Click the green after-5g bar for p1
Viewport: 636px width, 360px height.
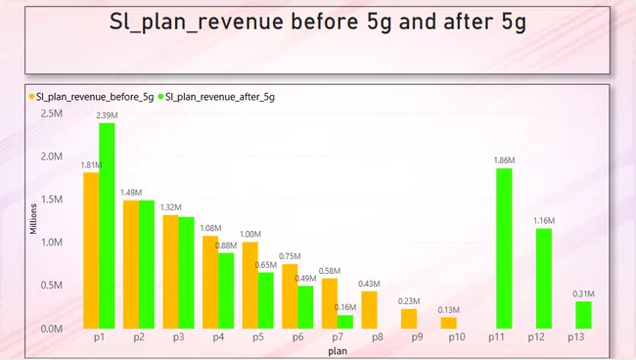[x=107, y=225]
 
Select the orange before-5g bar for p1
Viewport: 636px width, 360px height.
[x=90, y=249]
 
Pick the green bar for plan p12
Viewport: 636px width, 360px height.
[x=544, y=278]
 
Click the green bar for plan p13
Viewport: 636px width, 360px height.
[x=583, y=314]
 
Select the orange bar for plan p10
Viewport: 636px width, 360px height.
[x=448, y=322]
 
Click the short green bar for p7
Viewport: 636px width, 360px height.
[x=345, y=321]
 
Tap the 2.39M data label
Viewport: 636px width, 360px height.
[x=107, y=115]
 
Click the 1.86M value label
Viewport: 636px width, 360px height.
[x=504, y=160]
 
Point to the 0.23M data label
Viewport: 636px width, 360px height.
[x=409, y=301]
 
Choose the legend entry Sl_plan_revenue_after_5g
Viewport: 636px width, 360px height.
[x=220, y=97]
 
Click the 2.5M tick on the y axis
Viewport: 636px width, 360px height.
[x=52, y=113]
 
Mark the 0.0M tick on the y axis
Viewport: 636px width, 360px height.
[x=52, y=329]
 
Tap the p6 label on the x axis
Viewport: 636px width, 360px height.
[x=297, y=337]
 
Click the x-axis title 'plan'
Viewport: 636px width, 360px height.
[x=337, y=349]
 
